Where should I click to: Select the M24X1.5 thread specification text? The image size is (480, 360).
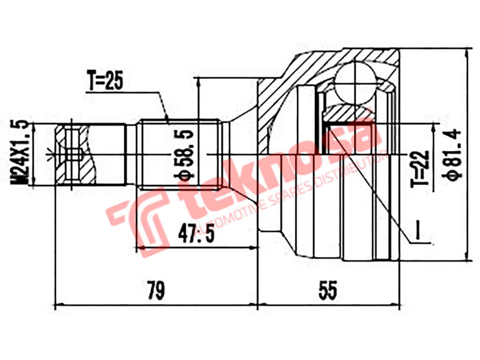click(22, 152)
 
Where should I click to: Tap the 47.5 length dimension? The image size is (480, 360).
click(196, 233)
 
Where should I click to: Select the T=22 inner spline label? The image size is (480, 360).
click(420, 169)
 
